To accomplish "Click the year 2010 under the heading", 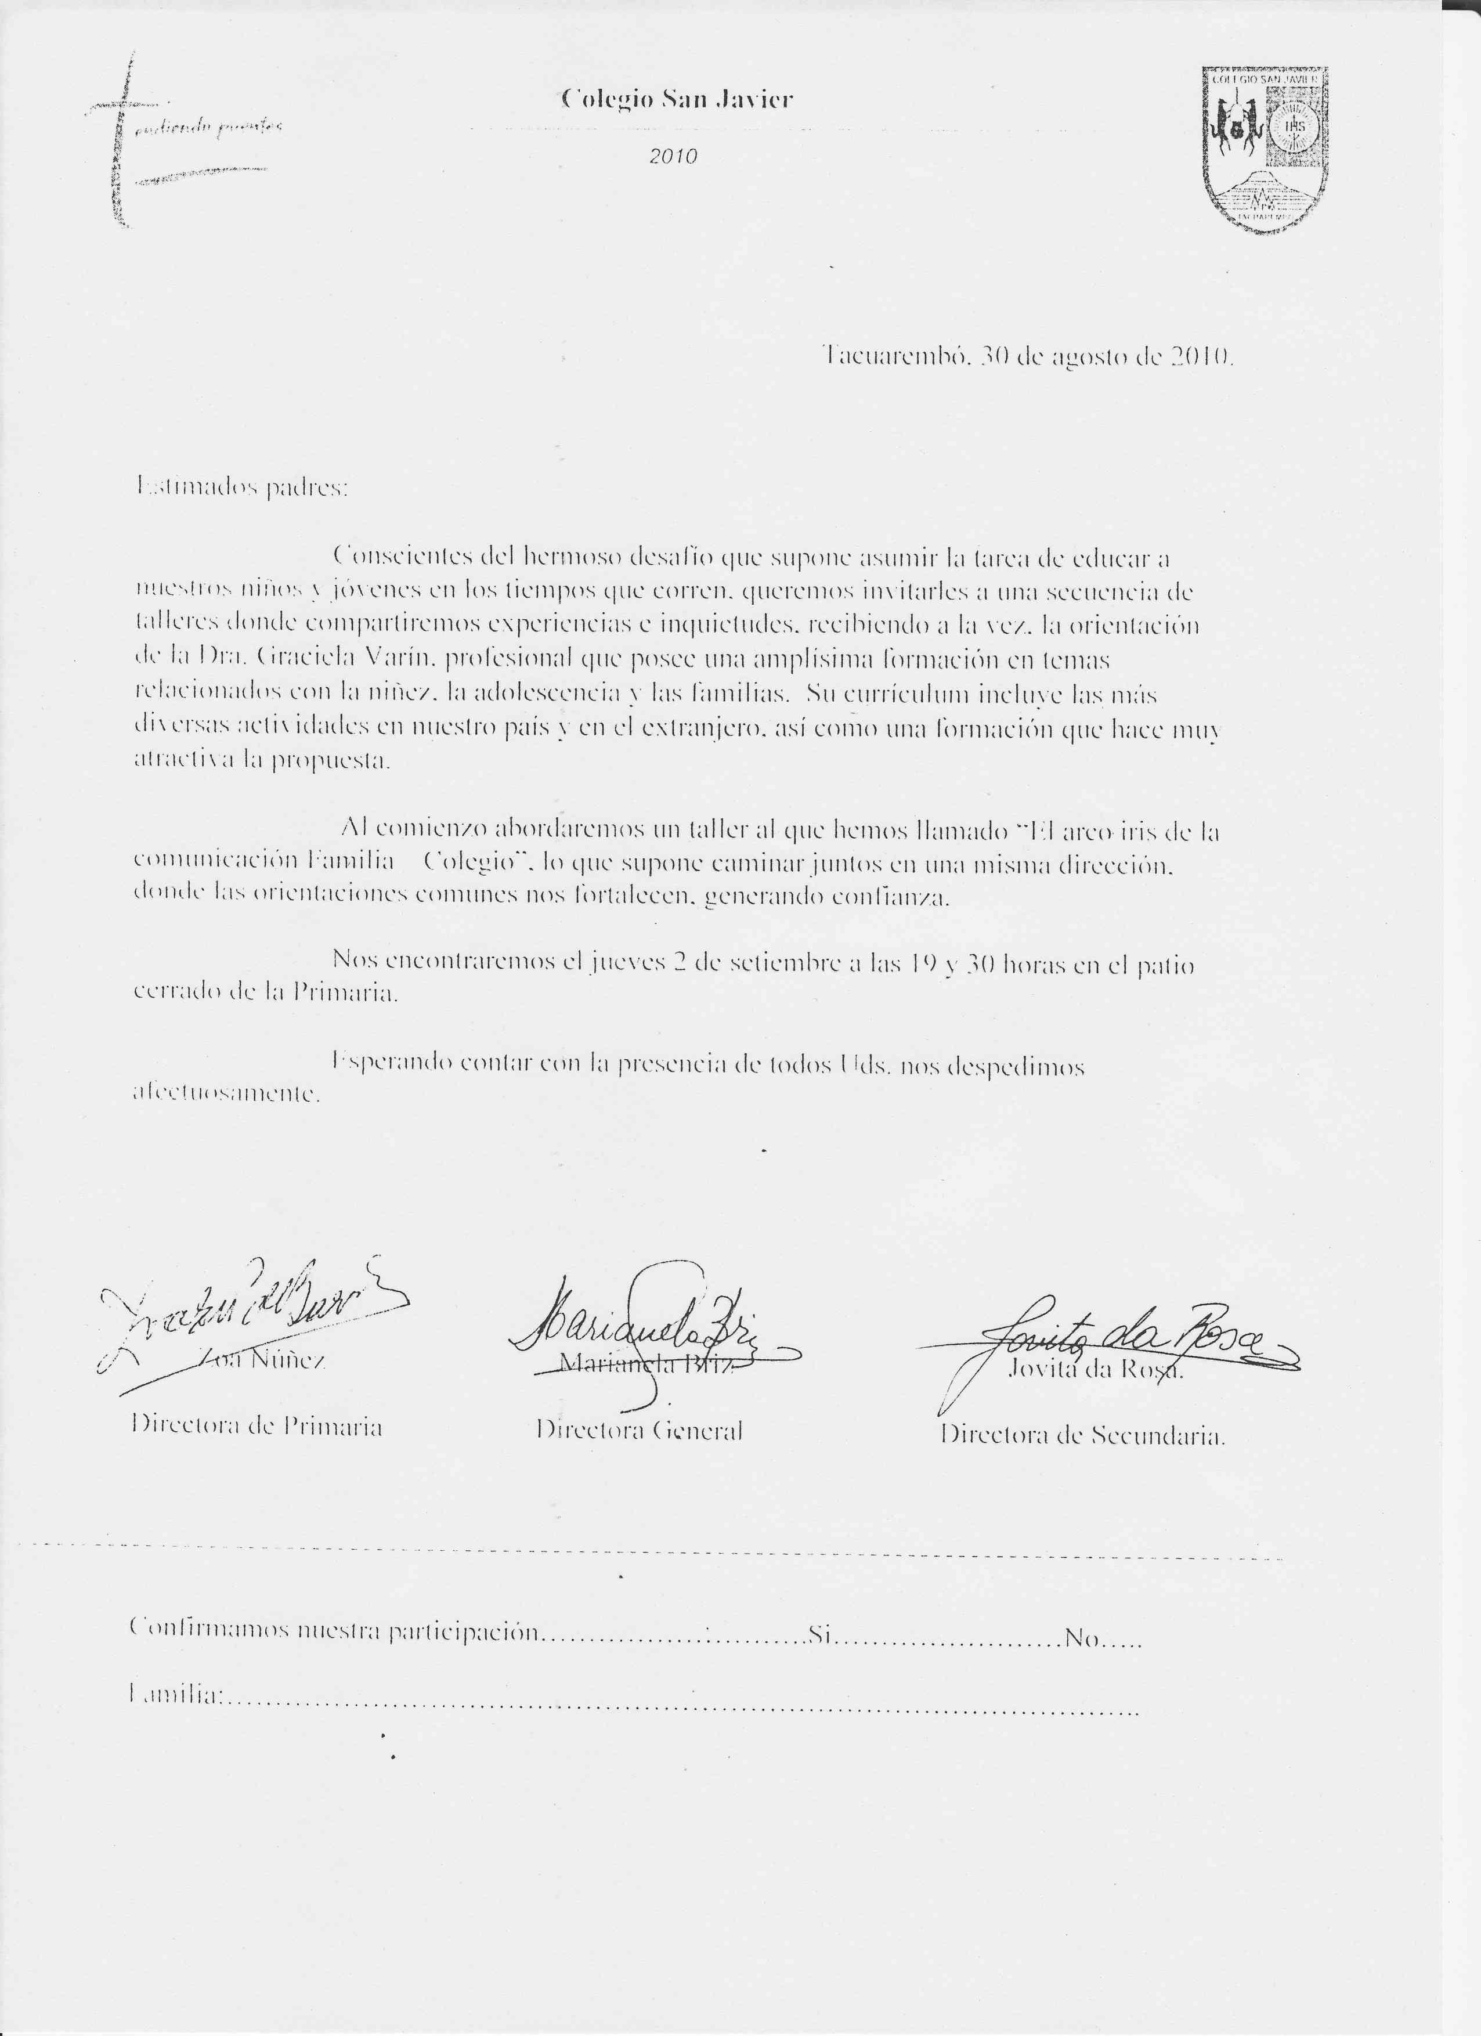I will point(673,156).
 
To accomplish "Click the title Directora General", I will point(639,1431).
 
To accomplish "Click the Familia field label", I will point(176,1695).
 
